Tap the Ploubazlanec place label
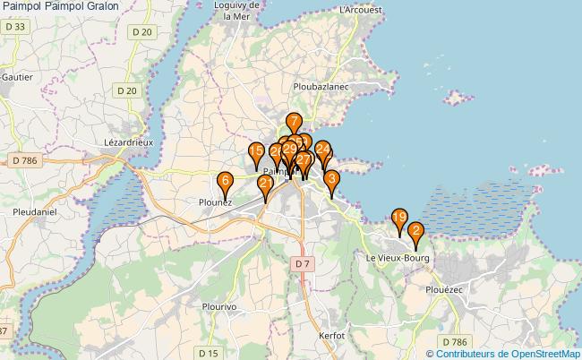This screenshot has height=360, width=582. point(321,87)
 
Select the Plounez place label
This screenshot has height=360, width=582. point(216,202)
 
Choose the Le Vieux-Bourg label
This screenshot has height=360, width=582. point(398,258)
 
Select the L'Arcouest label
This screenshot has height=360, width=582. point(361,9)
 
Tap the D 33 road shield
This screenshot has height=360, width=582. point(14,28)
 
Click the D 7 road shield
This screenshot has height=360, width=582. point(302,263)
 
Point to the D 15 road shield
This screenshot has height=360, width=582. point(210,352)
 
